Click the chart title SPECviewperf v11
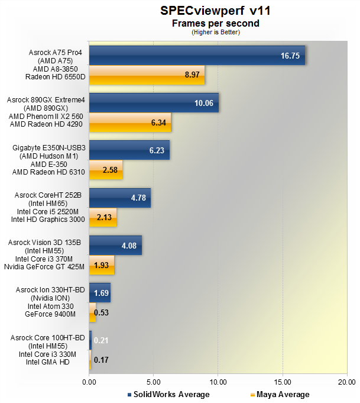tap(216, 11)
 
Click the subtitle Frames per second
tap(216, 23)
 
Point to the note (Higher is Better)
tap(216, 32)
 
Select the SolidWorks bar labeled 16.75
tap(197, 56)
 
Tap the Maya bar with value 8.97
tap(147, 75)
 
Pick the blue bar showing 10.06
tap(154, 103)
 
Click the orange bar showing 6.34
tap(130, 122)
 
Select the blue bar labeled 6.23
tap(129, 150)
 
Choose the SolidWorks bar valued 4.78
tap(119, 198)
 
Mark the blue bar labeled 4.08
tap(115, 246)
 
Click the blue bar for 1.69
tap(99, 293)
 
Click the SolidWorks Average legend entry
tap(168, 394)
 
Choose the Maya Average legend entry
tap(280, 394)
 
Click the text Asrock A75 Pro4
tap(55, 53)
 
